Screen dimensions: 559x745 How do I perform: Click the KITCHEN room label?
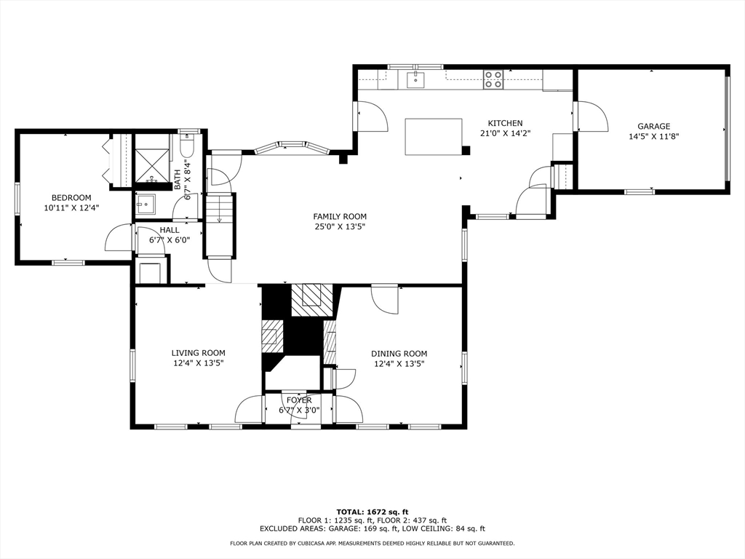pos(505,123)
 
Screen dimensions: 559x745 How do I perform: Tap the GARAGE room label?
pos(653,126)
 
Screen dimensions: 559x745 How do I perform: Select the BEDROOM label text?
pos(71,197)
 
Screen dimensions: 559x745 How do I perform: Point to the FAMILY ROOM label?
pos(340,216)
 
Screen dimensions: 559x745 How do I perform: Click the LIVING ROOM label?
pos(198,353)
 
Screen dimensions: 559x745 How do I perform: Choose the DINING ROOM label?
pos(399,354)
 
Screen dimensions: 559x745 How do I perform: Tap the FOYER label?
pos(299,400)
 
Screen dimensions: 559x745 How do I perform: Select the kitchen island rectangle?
pos(434,137)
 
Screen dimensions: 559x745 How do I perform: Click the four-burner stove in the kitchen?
pos(493,79)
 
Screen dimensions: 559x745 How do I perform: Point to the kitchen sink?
pos(415,79)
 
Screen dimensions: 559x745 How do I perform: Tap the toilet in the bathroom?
pos(186,148)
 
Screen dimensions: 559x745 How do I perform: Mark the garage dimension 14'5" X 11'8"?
pos(653,136)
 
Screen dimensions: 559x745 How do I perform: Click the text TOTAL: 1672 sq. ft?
pos(372,511)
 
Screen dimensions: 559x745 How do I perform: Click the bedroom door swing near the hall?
pos(119,239)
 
